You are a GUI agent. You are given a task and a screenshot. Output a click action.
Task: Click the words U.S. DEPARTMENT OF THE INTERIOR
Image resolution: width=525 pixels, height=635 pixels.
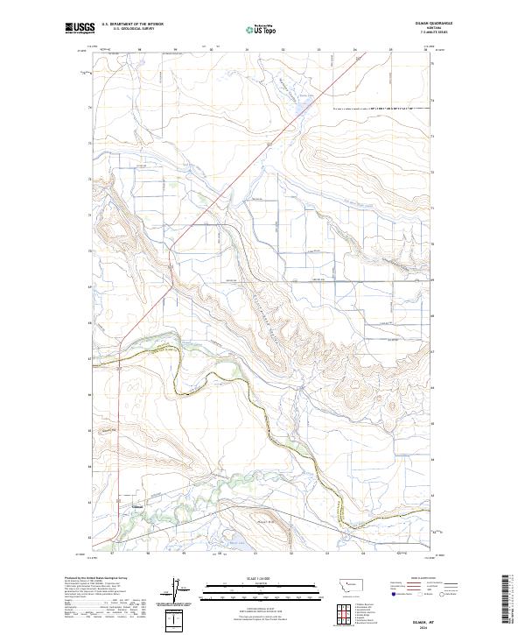(132, 25)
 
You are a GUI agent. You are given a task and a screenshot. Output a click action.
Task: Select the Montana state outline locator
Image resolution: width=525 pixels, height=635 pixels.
(347, 582)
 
